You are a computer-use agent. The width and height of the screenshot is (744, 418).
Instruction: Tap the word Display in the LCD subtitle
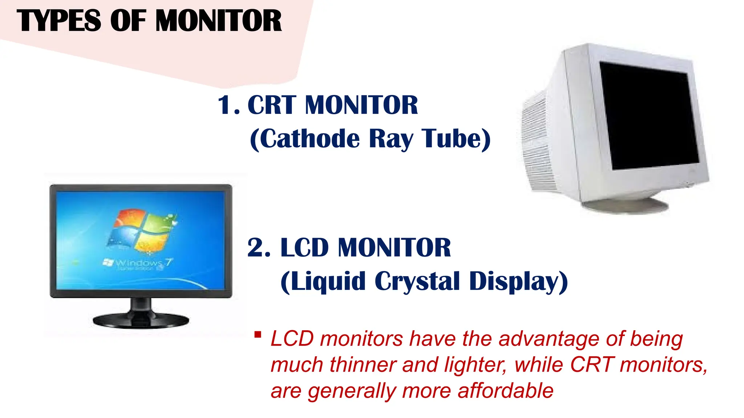tap(514, 282)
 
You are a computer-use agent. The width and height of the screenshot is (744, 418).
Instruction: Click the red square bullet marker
tap(258, 335)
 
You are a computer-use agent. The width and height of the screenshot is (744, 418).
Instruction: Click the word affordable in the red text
tap(505, 391)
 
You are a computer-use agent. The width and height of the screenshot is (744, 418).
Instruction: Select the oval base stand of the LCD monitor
tap(141, 320)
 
